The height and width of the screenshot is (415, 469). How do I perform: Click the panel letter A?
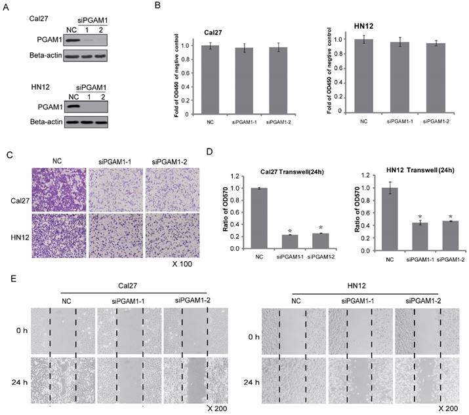(9, 9)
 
